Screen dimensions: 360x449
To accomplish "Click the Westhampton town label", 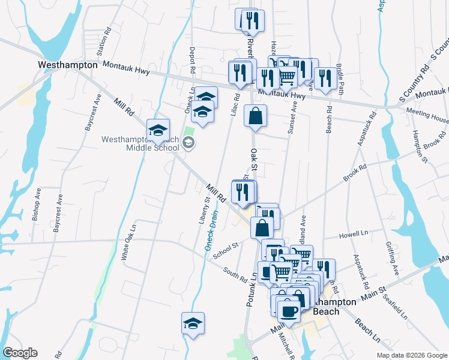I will tap(67, 64).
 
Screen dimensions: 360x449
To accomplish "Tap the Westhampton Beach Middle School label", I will tap(141, 143).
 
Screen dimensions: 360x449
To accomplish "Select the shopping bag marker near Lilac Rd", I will tap(255, 116).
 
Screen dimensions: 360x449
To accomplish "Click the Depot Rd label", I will tap(193, 61).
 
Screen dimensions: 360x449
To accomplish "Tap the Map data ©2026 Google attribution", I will tap(411, 355).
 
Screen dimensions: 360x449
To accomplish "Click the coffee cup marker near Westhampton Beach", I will tap(288, 311).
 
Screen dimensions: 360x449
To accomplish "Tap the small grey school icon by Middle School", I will tap(188, 143).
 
